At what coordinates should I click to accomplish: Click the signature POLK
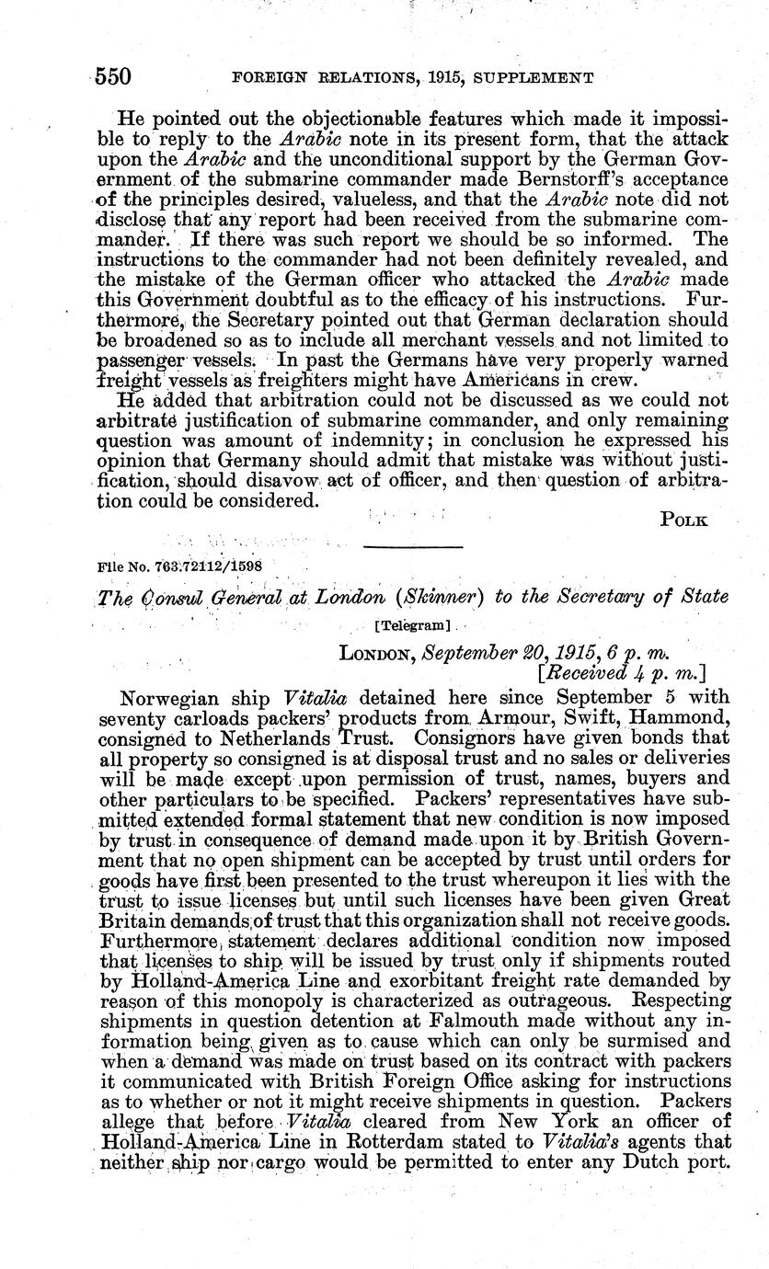coord(683,520)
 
